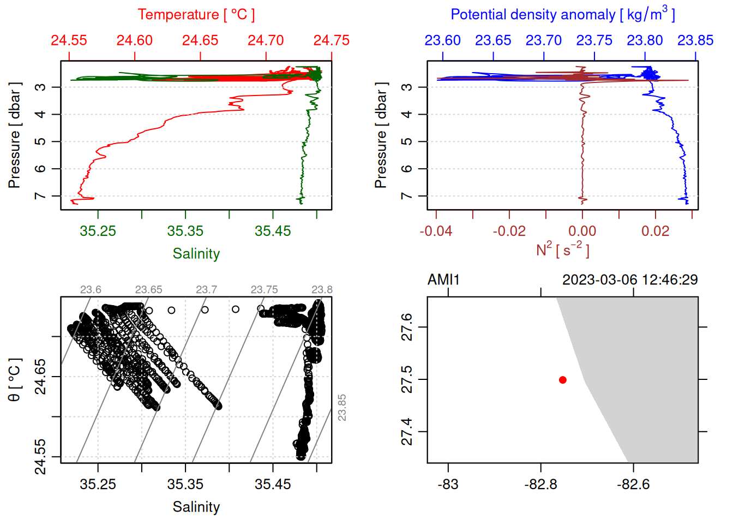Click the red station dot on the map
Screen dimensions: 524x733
pos(562,380)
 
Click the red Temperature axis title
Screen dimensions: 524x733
pos(196,15)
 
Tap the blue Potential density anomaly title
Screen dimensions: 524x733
pos(562,15)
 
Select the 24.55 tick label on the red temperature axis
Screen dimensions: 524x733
pos(69,40)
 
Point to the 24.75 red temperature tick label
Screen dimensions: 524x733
pos(331,40)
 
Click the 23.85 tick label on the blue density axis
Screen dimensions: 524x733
pos(695,40)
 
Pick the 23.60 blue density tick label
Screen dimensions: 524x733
pos(442,40)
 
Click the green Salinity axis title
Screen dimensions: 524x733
pos(196,254)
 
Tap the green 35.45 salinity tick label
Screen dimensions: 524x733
pos(273,231)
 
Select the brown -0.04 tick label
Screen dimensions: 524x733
pos(436,231)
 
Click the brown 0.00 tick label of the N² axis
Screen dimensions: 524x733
pos(582,231)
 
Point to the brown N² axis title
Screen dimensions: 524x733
pos(562,250)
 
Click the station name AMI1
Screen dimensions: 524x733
pos(443,280)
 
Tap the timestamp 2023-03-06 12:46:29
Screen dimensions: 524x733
pos(630,280)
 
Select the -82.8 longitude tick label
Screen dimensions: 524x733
pos(540,484)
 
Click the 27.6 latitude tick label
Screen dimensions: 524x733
pos(407,327)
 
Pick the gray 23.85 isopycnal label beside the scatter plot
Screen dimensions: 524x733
pos(342,408)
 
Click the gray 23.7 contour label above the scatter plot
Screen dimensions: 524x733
pos(206,290)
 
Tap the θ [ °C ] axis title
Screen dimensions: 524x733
pos(15,380)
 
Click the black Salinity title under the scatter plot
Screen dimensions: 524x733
pos(196,507)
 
